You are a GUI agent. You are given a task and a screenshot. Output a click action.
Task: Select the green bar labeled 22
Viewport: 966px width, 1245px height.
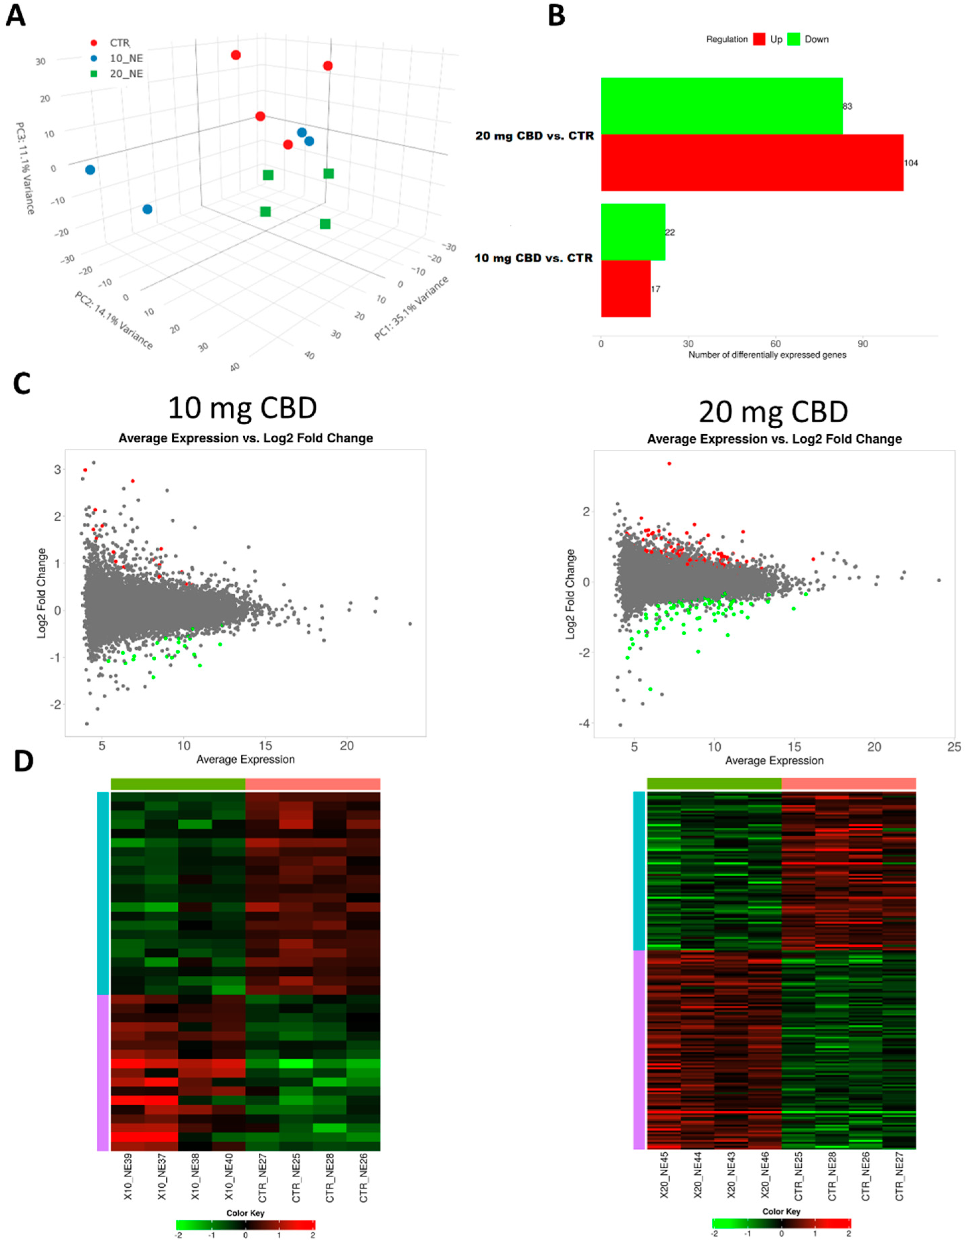[x=633, y=232]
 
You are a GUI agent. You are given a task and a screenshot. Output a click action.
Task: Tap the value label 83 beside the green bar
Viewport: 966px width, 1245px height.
[x=848, y=106]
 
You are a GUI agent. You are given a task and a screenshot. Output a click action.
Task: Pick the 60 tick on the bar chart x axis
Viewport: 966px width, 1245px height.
[x=775, y=344]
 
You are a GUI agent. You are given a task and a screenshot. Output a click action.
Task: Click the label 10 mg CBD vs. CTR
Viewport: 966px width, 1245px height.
[x=534, y=258]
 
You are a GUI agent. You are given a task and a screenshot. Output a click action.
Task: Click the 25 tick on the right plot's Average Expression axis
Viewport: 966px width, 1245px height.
[x=954, y=747]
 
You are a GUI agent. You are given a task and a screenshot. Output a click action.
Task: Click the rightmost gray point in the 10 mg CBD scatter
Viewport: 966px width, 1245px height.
[x=410, y=624]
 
